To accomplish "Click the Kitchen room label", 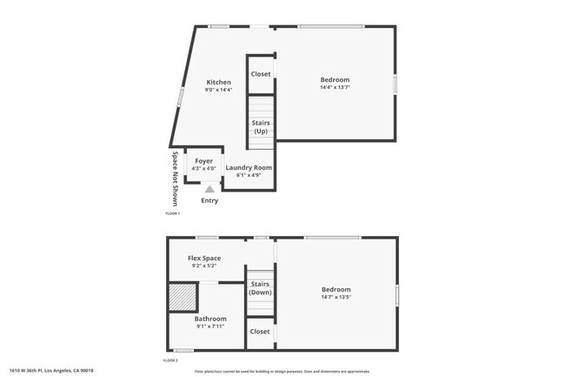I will (x=218, y=82).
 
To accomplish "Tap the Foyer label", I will (x=203, y=161).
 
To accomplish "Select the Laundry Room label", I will (x=249, y=167).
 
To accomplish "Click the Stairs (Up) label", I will (x=261, y=127).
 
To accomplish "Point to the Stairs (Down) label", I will (x=260, y=287).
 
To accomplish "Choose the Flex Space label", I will (x=204, y=258).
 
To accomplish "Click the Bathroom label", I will (x=210, y=319).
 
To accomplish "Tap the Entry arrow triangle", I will (x=209, y=188).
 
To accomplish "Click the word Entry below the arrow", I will (x=209, y=200).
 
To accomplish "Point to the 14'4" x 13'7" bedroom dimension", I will (x=335, y=87).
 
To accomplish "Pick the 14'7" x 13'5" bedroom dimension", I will (x=336, y=297).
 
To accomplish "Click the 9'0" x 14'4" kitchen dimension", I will (x=218, y=90).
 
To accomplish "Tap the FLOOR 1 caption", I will (x=172, y=213).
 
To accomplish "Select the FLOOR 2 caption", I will (x=171, y=360).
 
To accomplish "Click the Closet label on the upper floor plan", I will (x=261, y=74).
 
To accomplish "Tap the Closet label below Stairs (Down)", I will (x=260, y=331).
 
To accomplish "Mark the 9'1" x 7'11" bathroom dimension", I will (x=210, y=327).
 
